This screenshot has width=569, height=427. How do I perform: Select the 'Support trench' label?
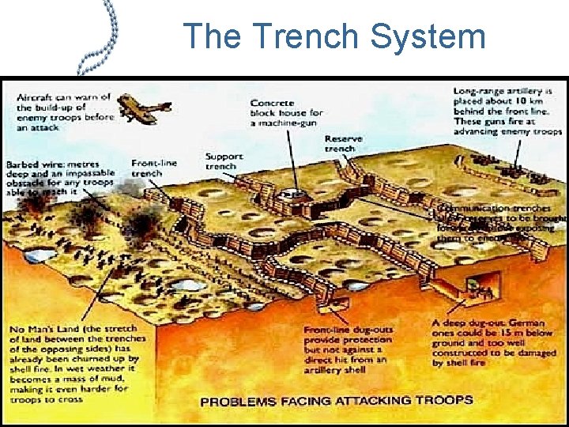(224, 161)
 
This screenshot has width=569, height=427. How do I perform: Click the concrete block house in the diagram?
(292, 192)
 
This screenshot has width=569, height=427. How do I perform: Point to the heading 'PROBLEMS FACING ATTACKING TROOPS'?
(336, 401)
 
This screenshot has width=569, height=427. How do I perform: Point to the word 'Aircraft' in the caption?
(37, 96)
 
